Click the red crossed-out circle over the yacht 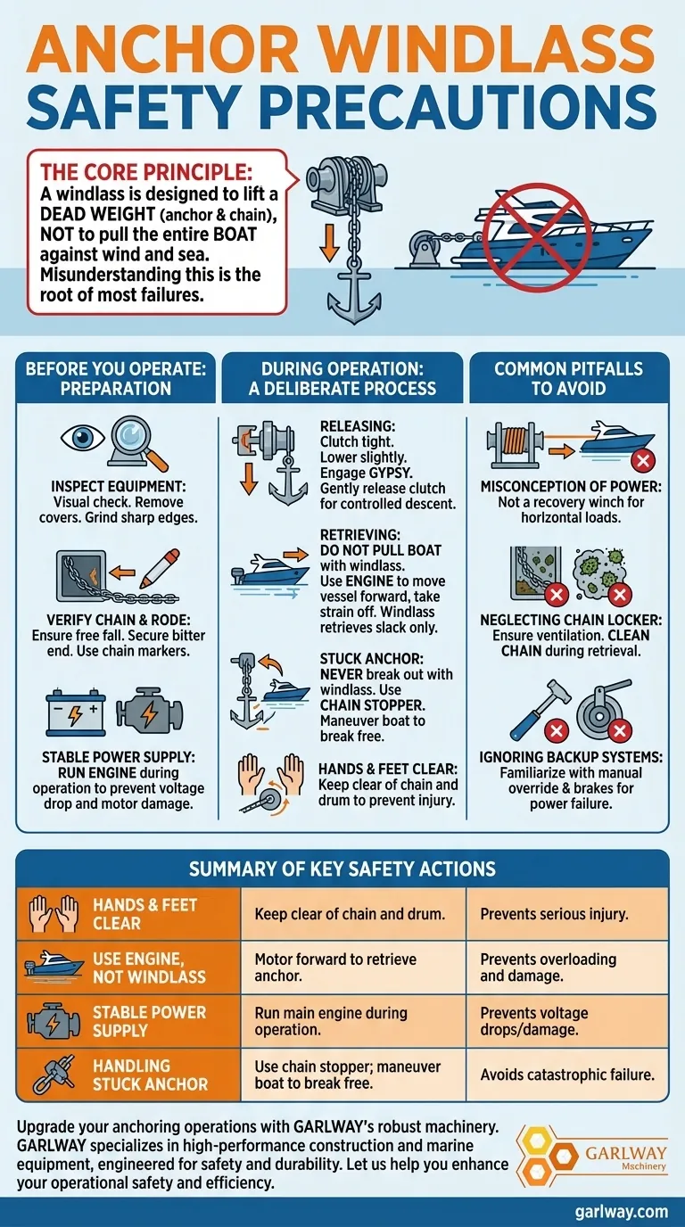(538, 230)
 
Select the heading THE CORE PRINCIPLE (146, 172)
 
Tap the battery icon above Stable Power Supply (76, 712)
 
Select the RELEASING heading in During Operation (358, 426)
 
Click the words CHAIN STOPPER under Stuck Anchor (372, 705)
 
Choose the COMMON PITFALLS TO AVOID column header (569, 378)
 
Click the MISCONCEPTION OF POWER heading (571, 486)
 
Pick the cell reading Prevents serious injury (554, 914)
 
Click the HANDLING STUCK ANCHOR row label (150, 1075)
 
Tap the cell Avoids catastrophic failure (567, 1075)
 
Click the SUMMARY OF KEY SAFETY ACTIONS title (342, 869)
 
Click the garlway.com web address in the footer (622, 1212)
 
